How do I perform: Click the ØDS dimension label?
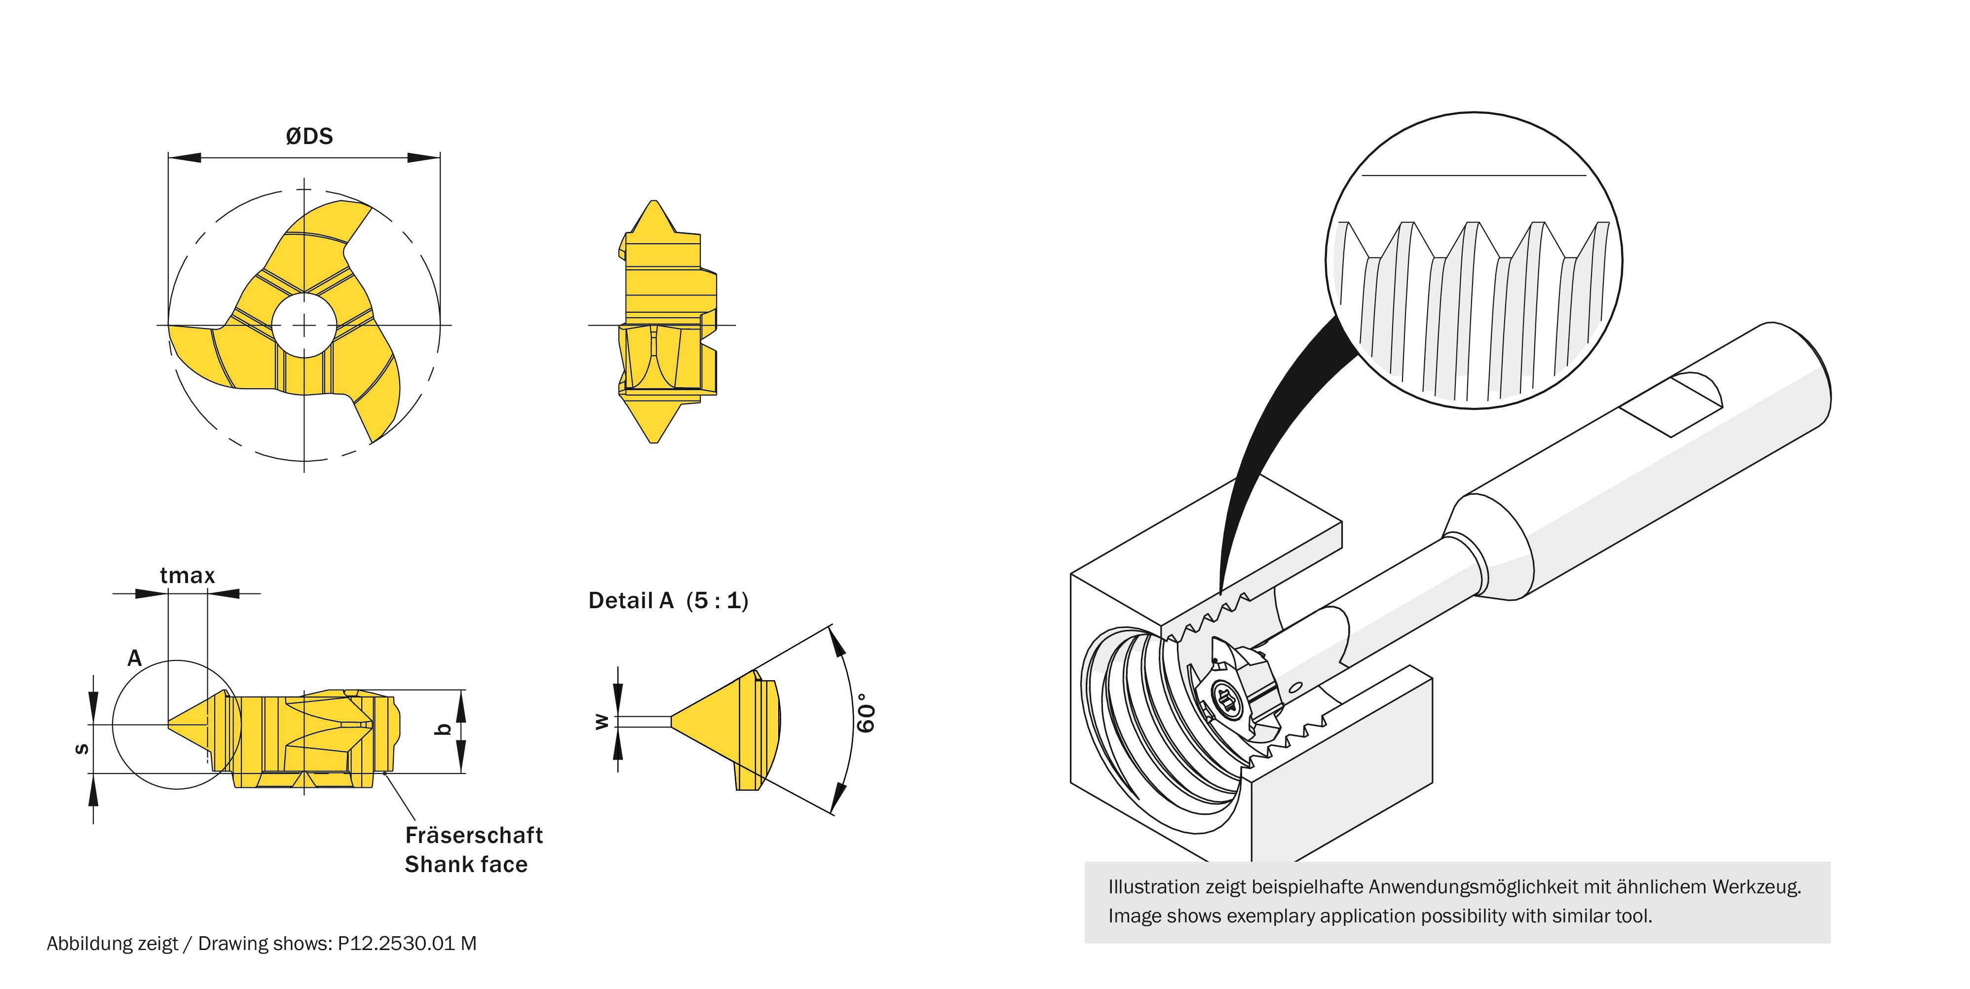[x=309, y=136]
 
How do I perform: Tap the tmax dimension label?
[x=188, y=576]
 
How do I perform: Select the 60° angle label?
[x=865, y=713]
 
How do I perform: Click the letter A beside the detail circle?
[x=135, y=658]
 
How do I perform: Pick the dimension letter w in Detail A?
[x=602, y=721]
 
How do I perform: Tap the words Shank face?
[x=466, y=864]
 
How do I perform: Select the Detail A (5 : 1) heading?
[x=668, y=601]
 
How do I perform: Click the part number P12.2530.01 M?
[x=407, y=943]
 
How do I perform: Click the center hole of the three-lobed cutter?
[x=304, y=326]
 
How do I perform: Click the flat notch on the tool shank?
[x=1671, y=404]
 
